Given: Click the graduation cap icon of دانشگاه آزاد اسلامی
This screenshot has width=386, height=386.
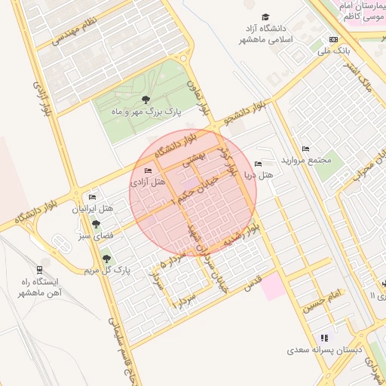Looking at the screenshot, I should [265, 17].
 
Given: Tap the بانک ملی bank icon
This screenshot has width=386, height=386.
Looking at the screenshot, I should [334, 40].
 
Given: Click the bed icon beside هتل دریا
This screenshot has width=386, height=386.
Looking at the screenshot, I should [259, 164].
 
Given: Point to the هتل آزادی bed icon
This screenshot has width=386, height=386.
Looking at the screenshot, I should [147, 171].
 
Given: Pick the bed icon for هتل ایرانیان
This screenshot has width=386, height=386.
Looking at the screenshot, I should [92, 197].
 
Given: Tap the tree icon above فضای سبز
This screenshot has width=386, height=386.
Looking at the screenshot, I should [96, 223].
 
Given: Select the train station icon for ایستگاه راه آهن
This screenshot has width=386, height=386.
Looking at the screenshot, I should [39, 269].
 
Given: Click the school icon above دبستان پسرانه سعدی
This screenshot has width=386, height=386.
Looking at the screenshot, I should [325, 338].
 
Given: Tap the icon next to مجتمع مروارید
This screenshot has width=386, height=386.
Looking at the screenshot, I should [305, 149].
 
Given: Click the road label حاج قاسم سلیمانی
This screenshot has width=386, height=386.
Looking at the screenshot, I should [119, 354].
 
